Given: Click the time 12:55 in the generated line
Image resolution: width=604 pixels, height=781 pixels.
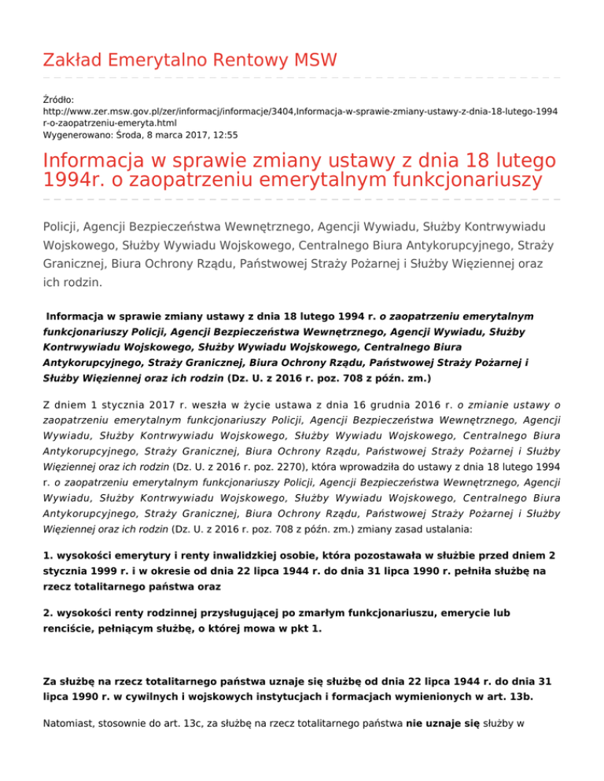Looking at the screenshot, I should pos(226,135).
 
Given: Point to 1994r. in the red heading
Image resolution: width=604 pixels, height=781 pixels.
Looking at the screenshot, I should pos(73,180).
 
